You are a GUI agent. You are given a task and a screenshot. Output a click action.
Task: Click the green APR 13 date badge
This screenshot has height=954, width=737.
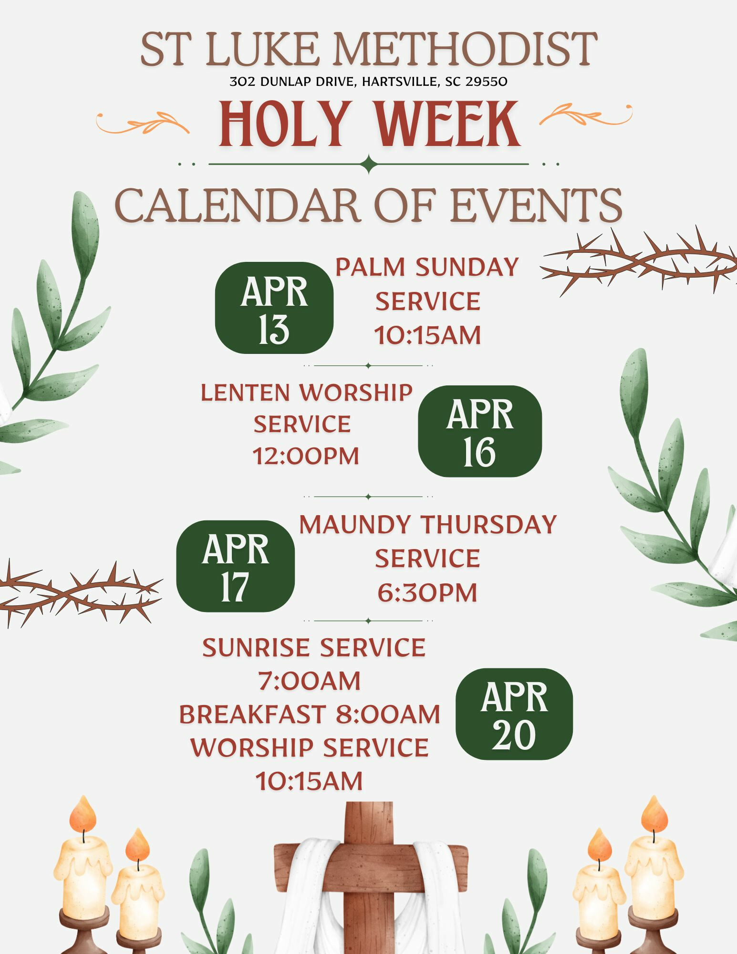coord(274,308)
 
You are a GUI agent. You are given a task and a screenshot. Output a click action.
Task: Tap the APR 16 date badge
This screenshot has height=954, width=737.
coord(480,431)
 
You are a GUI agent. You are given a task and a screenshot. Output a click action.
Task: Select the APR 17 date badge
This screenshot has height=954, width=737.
coord(236,566)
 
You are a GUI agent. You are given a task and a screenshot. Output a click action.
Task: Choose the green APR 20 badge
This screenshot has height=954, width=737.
coord(514,714)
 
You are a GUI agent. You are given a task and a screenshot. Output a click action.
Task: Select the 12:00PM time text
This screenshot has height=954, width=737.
coord(306,456)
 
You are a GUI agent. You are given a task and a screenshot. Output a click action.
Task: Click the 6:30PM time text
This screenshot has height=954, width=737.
coord(427,593)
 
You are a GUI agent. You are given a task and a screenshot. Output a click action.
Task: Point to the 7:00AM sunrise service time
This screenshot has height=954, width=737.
coord(310,681)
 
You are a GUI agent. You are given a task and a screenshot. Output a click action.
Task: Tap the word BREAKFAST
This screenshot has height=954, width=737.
coord(252,715)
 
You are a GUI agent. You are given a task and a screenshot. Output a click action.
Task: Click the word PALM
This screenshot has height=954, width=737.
coord(370,267)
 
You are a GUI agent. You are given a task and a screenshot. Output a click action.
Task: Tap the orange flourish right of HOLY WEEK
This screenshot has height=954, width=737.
coord(586,114)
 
